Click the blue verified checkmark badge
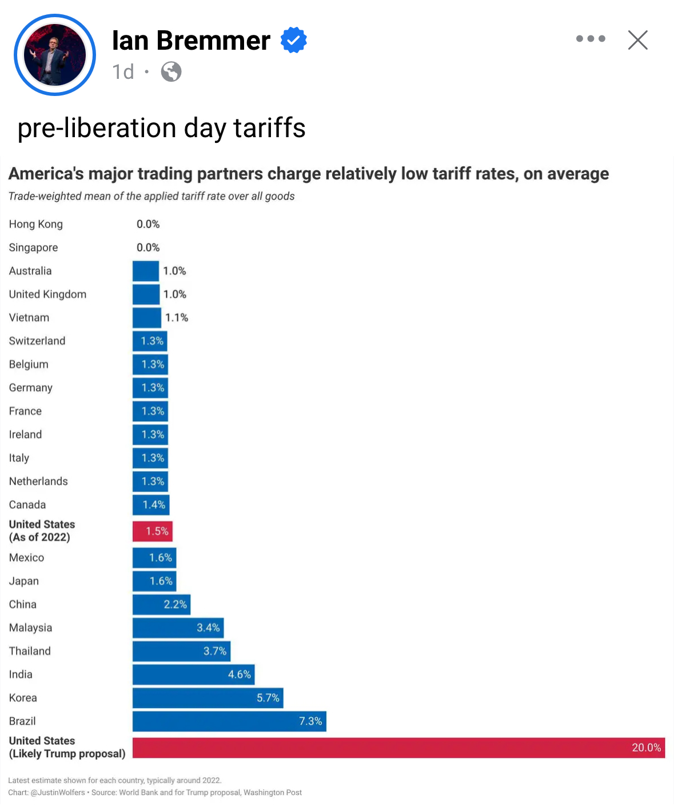294,40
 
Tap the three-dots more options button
591,39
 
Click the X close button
637,40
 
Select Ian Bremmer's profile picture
55,55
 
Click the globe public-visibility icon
171,72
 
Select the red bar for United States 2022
152,531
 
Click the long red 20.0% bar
398,748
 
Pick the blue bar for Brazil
229,721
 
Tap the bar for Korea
208,698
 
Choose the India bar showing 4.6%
193,674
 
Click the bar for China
161,604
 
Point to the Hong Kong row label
36,224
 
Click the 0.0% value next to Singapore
148,247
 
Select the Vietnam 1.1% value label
177,318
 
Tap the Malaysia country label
31,628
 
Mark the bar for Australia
146,271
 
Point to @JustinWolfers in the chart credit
57,793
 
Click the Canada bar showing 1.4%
151,505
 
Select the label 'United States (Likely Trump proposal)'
67,747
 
